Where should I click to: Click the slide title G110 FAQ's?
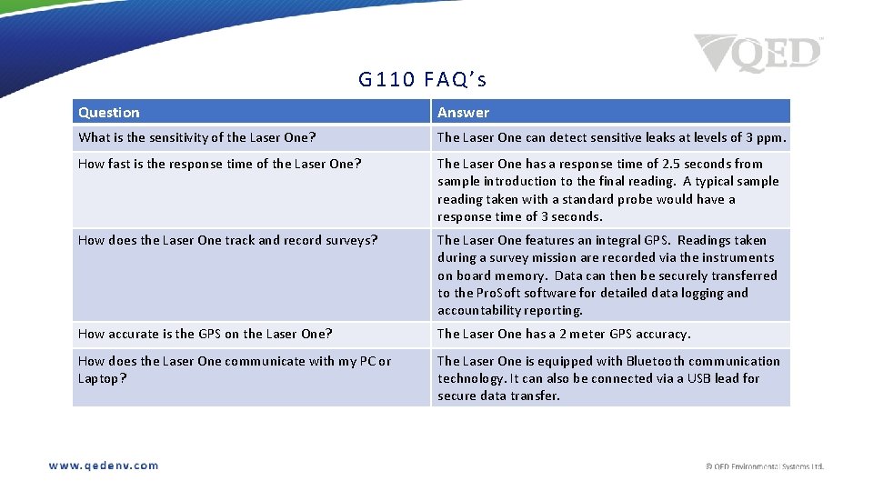click(422, 80)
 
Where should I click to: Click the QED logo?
click(758, 54)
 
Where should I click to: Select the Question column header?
click(109, 113)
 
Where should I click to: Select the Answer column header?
click(463, 113)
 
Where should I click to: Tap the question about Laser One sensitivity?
click(197, 137)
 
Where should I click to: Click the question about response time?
click(220, 164)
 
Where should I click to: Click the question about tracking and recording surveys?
click(228, 240)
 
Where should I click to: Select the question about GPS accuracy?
click(206, 334)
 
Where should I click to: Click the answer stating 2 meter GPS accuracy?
click(564, 334)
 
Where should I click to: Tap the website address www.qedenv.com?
click(104, 466)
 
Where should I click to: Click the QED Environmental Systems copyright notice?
click(765, 466)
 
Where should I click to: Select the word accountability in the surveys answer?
click(477, 310)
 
